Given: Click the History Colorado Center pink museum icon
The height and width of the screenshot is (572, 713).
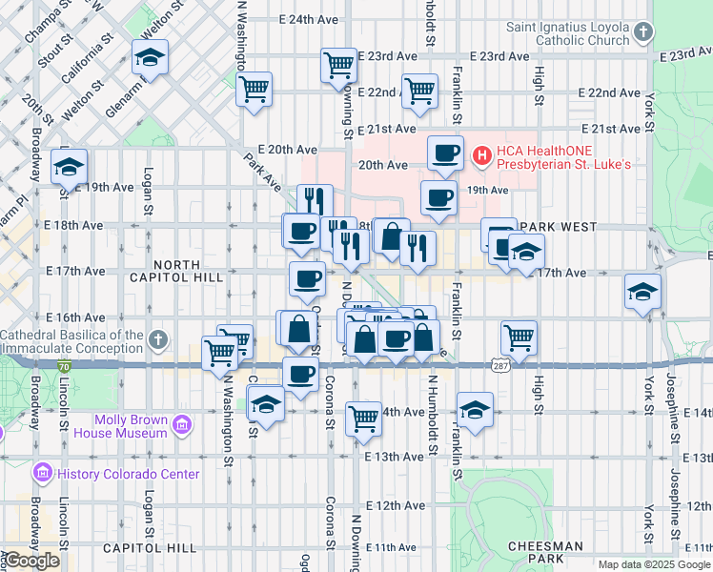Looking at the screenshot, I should click(x=41, y=473).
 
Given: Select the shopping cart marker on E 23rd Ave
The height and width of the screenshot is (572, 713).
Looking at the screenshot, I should click(x=338, y=65).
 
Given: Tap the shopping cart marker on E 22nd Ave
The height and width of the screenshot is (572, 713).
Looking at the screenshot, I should click(x=419, y=92).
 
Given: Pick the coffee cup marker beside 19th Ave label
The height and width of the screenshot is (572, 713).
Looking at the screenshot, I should click(x=438, y=197).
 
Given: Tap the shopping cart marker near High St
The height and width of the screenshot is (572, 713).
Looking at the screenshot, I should click(x=519, y=336).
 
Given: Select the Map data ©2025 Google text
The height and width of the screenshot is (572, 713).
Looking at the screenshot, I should click(x=654, y=564).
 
